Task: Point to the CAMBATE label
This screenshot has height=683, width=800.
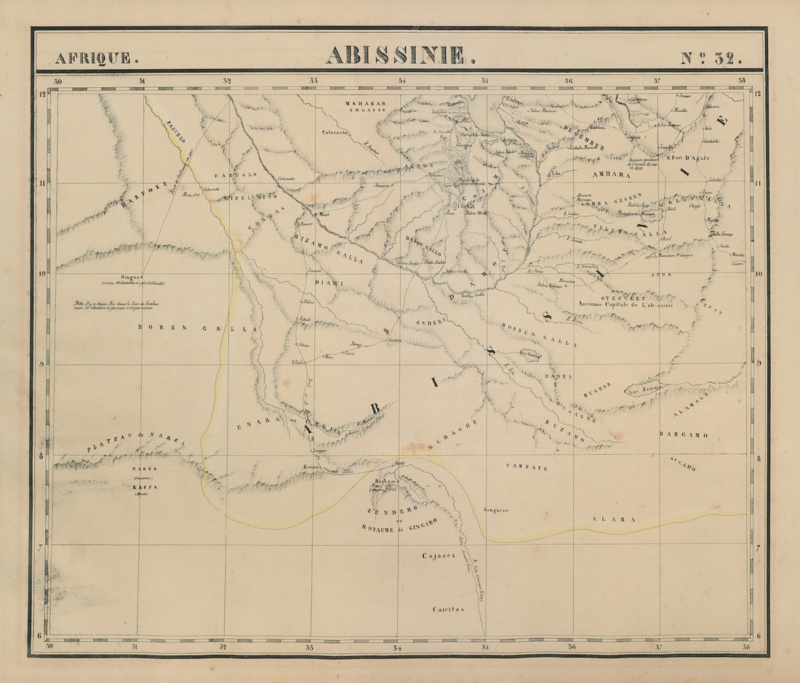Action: pos(527,468)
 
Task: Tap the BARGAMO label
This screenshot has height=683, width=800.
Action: pos(683,435)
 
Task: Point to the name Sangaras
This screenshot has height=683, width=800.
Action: pos(495,510)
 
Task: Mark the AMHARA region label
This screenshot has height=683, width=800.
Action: pos(611,175)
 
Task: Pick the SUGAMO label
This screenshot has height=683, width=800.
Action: pos(683,462)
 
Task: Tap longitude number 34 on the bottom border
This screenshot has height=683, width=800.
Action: pos(397,647)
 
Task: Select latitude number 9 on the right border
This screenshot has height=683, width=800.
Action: pos(758,364)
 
